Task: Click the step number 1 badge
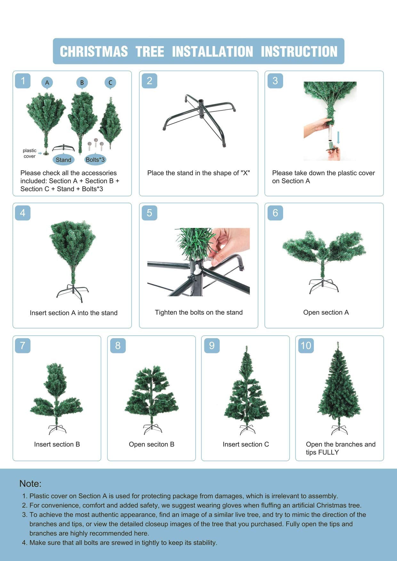[x=23, y=81]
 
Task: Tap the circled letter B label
[x=82, y=83]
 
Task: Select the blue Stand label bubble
[x=63, y=160]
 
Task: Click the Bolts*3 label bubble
[x=95, y=160]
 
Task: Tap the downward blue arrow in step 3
[x=339, y=138]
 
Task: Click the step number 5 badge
[x=149, y=213]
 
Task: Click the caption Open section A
[x=326, y=312]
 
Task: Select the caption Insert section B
[x=57, y=444]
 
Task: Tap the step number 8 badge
[x=118, y=346]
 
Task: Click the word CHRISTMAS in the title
[x=93, y=52]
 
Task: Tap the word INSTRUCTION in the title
[x=299, y=52]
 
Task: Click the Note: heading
[x=30, y=483]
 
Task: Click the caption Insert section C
[x=246, y=444]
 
